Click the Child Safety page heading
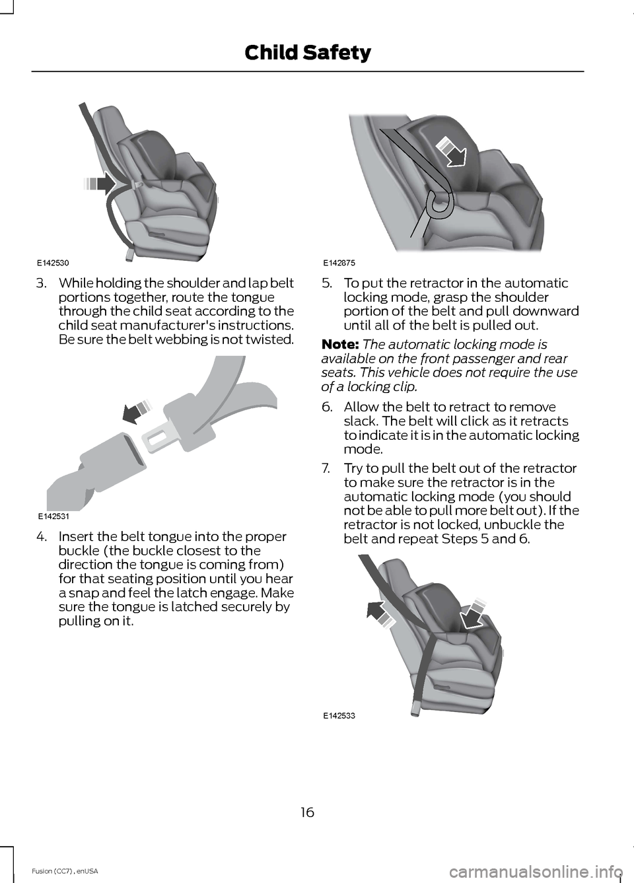pyautogui.click(x=307, y=52)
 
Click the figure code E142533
pyautogui.click(x=339, y=715)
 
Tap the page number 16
pyautogui.click(x=307, y=812)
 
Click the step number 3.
pyautogui.click(x=41, y=283)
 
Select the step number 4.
pyautogui.click(x=41, y=537)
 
